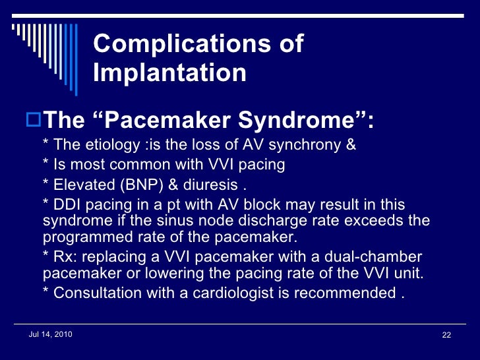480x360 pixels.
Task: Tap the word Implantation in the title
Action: pyautogui.click(x=170, y=73)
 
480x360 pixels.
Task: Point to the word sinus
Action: pyautogui.click(x=210, y=220)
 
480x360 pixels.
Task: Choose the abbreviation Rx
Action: pyautogui.click(x=63, y=256)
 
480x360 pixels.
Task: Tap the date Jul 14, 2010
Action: pyautogui.click(x=51, y=335)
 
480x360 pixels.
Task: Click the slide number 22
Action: pyautogui.click(x=446, y=336)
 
